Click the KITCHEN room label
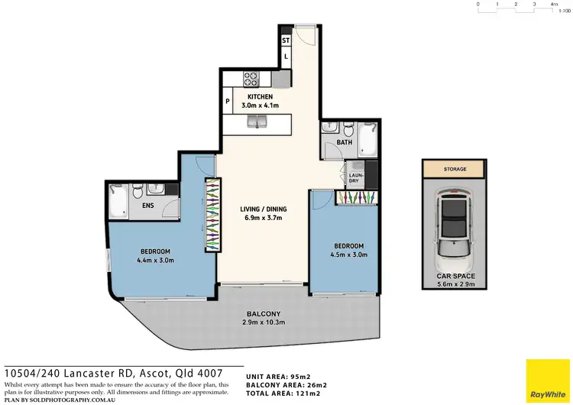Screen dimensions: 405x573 [260, 97]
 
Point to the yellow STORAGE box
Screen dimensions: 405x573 [455, 169]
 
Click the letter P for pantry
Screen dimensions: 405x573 [228, 101]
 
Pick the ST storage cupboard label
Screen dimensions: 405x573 [286, 40]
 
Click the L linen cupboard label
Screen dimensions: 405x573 [286, 57]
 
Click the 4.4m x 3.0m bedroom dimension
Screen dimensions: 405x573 [155, 261]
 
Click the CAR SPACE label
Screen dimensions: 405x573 [455, 276]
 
